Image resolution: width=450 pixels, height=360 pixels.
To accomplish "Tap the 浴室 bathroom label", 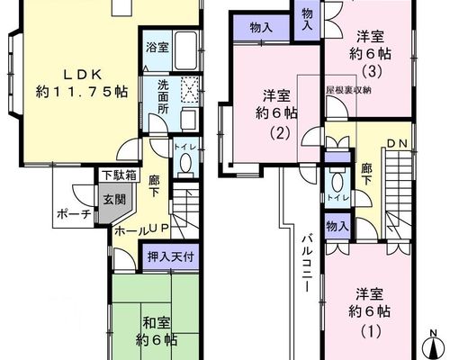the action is [x=157, y=48].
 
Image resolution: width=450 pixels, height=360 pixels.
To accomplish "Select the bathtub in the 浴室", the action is [x=186, y=50].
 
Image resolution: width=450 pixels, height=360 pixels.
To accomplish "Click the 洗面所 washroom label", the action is [x=163, y=97].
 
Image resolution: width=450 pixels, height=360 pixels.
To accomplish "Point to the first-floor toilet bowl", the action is [x=185, y=162].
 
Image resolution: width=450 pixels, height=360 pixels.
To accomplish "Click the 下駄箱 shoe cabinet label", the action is [x=119, y=175].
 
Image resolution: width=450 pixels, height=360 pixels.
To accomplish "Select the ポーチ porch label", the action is [x=74, y=214].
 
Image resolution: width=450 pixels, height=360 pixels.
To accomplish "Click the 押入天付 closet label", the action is [x=170, y=256].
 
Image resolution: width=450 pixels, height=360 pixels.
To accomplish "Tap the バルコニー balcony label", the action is [x=306, y=264].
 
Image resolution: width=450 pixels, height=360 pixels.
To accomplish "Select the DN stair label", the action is [x=397, y=144].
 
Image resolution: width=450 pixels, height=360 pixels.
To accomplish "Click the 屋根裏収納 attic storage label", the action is [x=348, y=90].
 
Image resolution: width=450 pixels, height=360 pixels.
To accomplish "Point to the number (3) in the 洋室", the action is [x=372, y=71].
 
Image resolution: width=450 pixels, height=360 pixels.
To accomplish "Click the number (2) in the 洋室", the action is [x=280, y=133].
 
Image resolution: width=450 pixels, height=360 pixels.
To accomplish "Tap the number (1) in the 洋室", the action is [x=371, y=331].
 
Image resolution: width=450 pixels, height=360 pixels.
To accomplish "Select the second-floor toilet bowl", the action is [x=338, y=183].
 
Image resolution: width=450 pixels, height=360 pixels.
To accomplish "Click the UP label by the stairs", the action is [x=158, y=229].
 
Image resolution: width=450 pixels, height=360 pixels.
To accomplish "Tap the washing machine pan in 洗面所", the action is [x=190, y=90].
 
